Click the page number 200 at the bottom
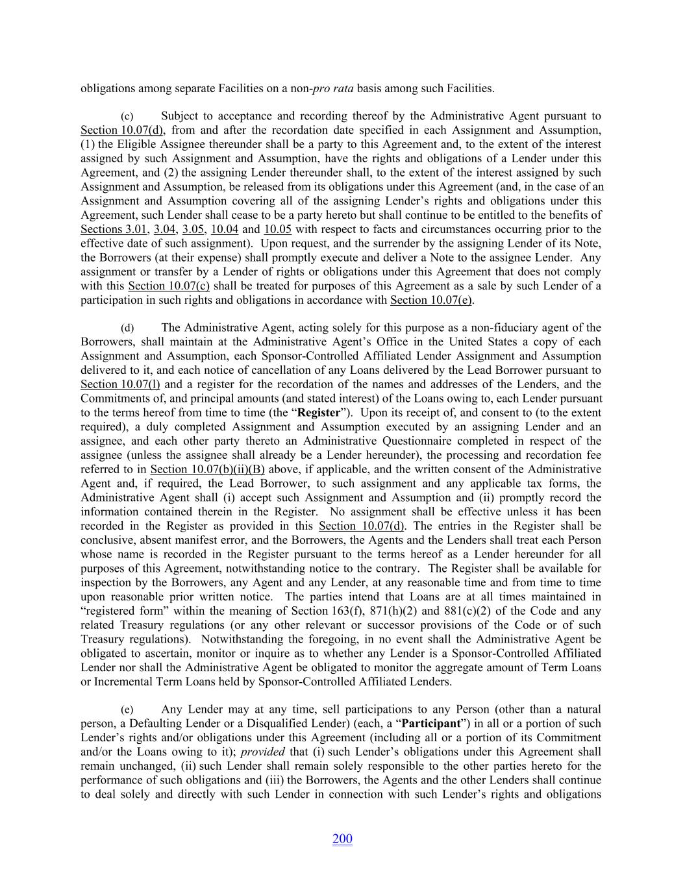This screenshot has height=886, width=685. tap(342, 839)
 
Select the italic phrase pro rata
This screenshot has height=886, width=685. tap(333, 88)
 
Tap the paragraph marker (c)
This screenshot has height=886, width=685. tap(127, 117)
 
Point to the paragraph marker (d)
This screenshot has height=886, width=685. tap(127, 328)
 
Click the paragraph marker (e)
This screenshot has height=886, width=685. tap(127, 710)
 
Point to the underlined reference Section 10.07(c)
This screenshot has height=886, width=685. tap(169, 286)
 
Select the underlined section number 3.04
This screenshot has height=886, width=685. tap(165, 230)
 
